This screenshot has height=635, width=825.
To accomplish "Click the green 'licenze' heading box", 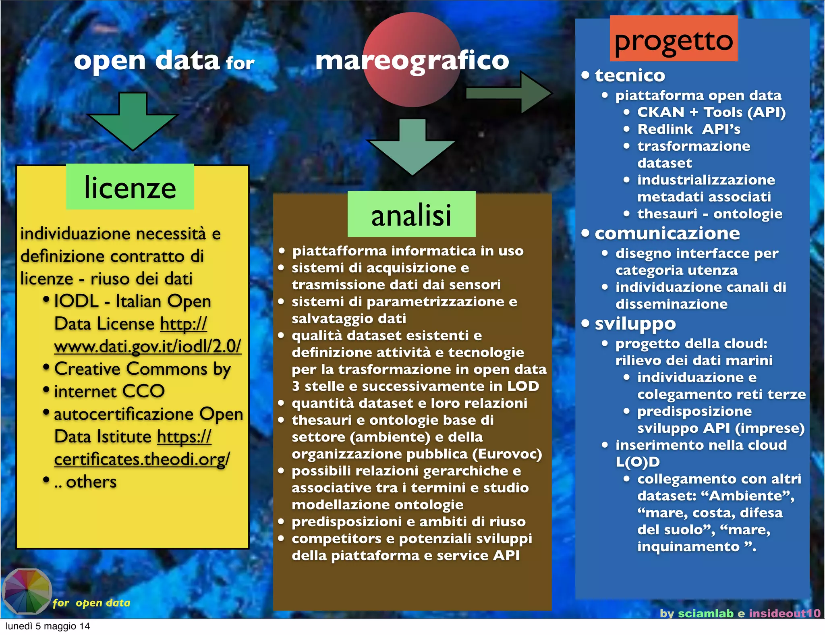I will click(130, 187).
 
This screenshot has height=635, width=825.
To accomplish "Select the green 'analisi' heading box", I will click(411, 214).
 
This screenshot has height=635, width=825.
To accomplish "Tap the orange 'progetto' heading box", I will click(674, 39).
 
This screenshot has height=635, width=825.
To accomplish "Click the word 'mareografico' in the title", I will click(412, 60).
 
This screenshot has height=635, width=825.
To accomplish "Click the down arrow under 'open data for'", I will click(133, 121).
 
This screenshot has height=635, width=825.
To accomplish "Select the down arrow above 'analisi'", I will click(411, 147).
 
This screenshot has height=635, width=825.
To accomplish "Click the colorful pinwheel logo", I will click(27, 591).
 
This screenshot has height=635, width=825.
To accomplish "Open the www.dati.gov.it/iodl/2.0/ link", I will click(147, 346).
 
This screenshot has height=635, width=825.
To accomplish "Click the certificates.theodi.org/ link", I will click(142, 459).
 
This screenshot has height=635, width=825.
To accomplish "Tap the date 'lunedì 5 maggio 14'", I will click(48, 626).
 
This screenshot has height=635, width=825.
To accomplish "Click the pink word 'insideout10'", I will click(784, 613).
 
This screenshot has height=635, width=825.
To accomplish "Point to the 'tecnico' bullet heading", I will click(630, 75).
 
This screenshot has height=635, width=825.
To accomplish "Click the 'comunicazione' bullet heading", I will click(667, 233).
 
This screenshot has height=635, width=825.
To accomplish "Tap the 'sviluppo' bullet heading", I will click(635, 323).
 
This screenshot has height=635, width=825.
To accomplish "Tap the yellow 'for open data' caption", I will click(91, 603).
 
